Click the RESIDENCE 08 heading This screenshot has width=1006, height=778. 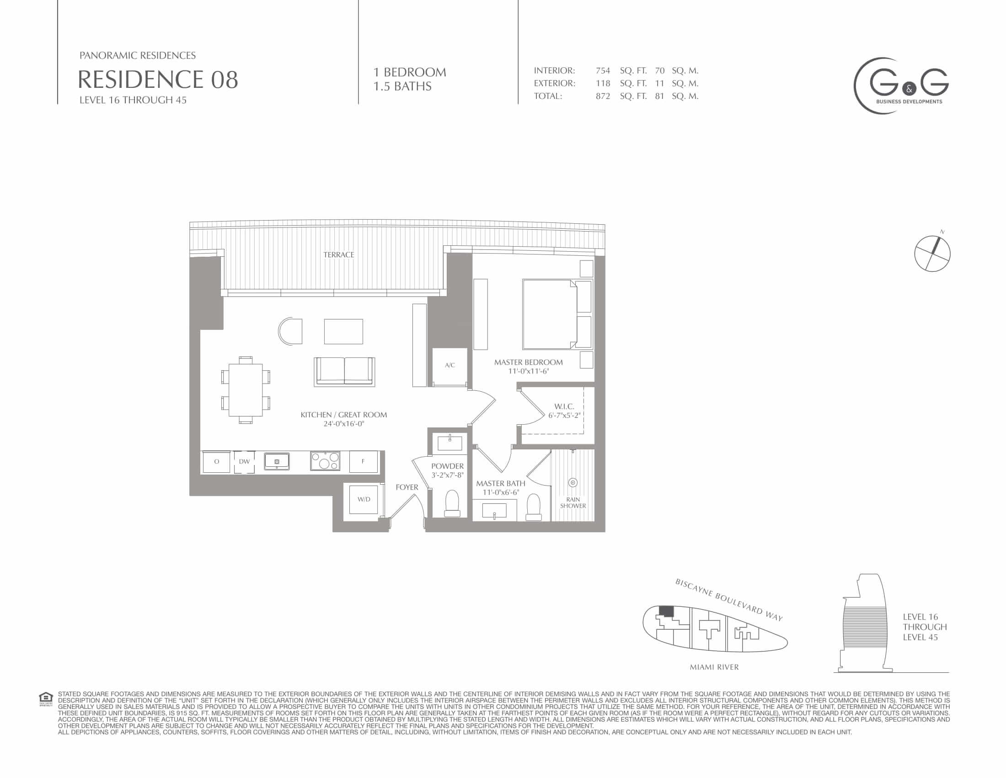coord(158,79)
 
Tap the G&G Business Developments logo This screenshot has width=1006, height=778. coord(901,86)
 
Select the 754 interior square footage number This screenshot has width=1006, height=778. coord(603,70)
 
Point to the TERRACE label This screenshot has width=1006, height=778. coord(338,254)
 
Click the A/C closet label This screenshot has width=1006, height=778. coord(450,365)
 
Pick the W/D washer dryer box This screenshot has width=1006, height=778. coord(364,500)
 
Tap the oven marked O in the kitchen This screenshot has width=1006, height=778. coord(216,461)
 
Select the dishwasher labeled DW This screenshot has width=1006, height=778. coord(244,461)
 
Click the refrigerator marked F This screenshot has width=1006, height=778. coord(363,461)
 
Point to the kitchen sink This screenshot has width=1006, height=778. coord(277,461)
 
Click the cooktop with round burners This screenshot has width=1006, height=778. coord(325,461)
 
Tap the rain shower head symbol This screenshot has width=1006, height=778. coord(573,482)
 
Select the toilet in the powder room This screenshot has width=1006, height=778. coord(452,503)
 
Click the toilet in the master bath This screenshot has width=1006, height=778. coord(533,508)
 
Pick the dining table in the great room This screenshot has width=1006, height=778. coord(246,390)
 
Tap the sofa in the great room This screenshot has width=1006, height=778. coord(344,371)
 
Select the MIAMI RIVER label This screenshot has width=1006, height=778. coord(714,667)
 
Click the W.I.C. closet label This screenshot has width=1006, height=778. coord(564,406)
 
